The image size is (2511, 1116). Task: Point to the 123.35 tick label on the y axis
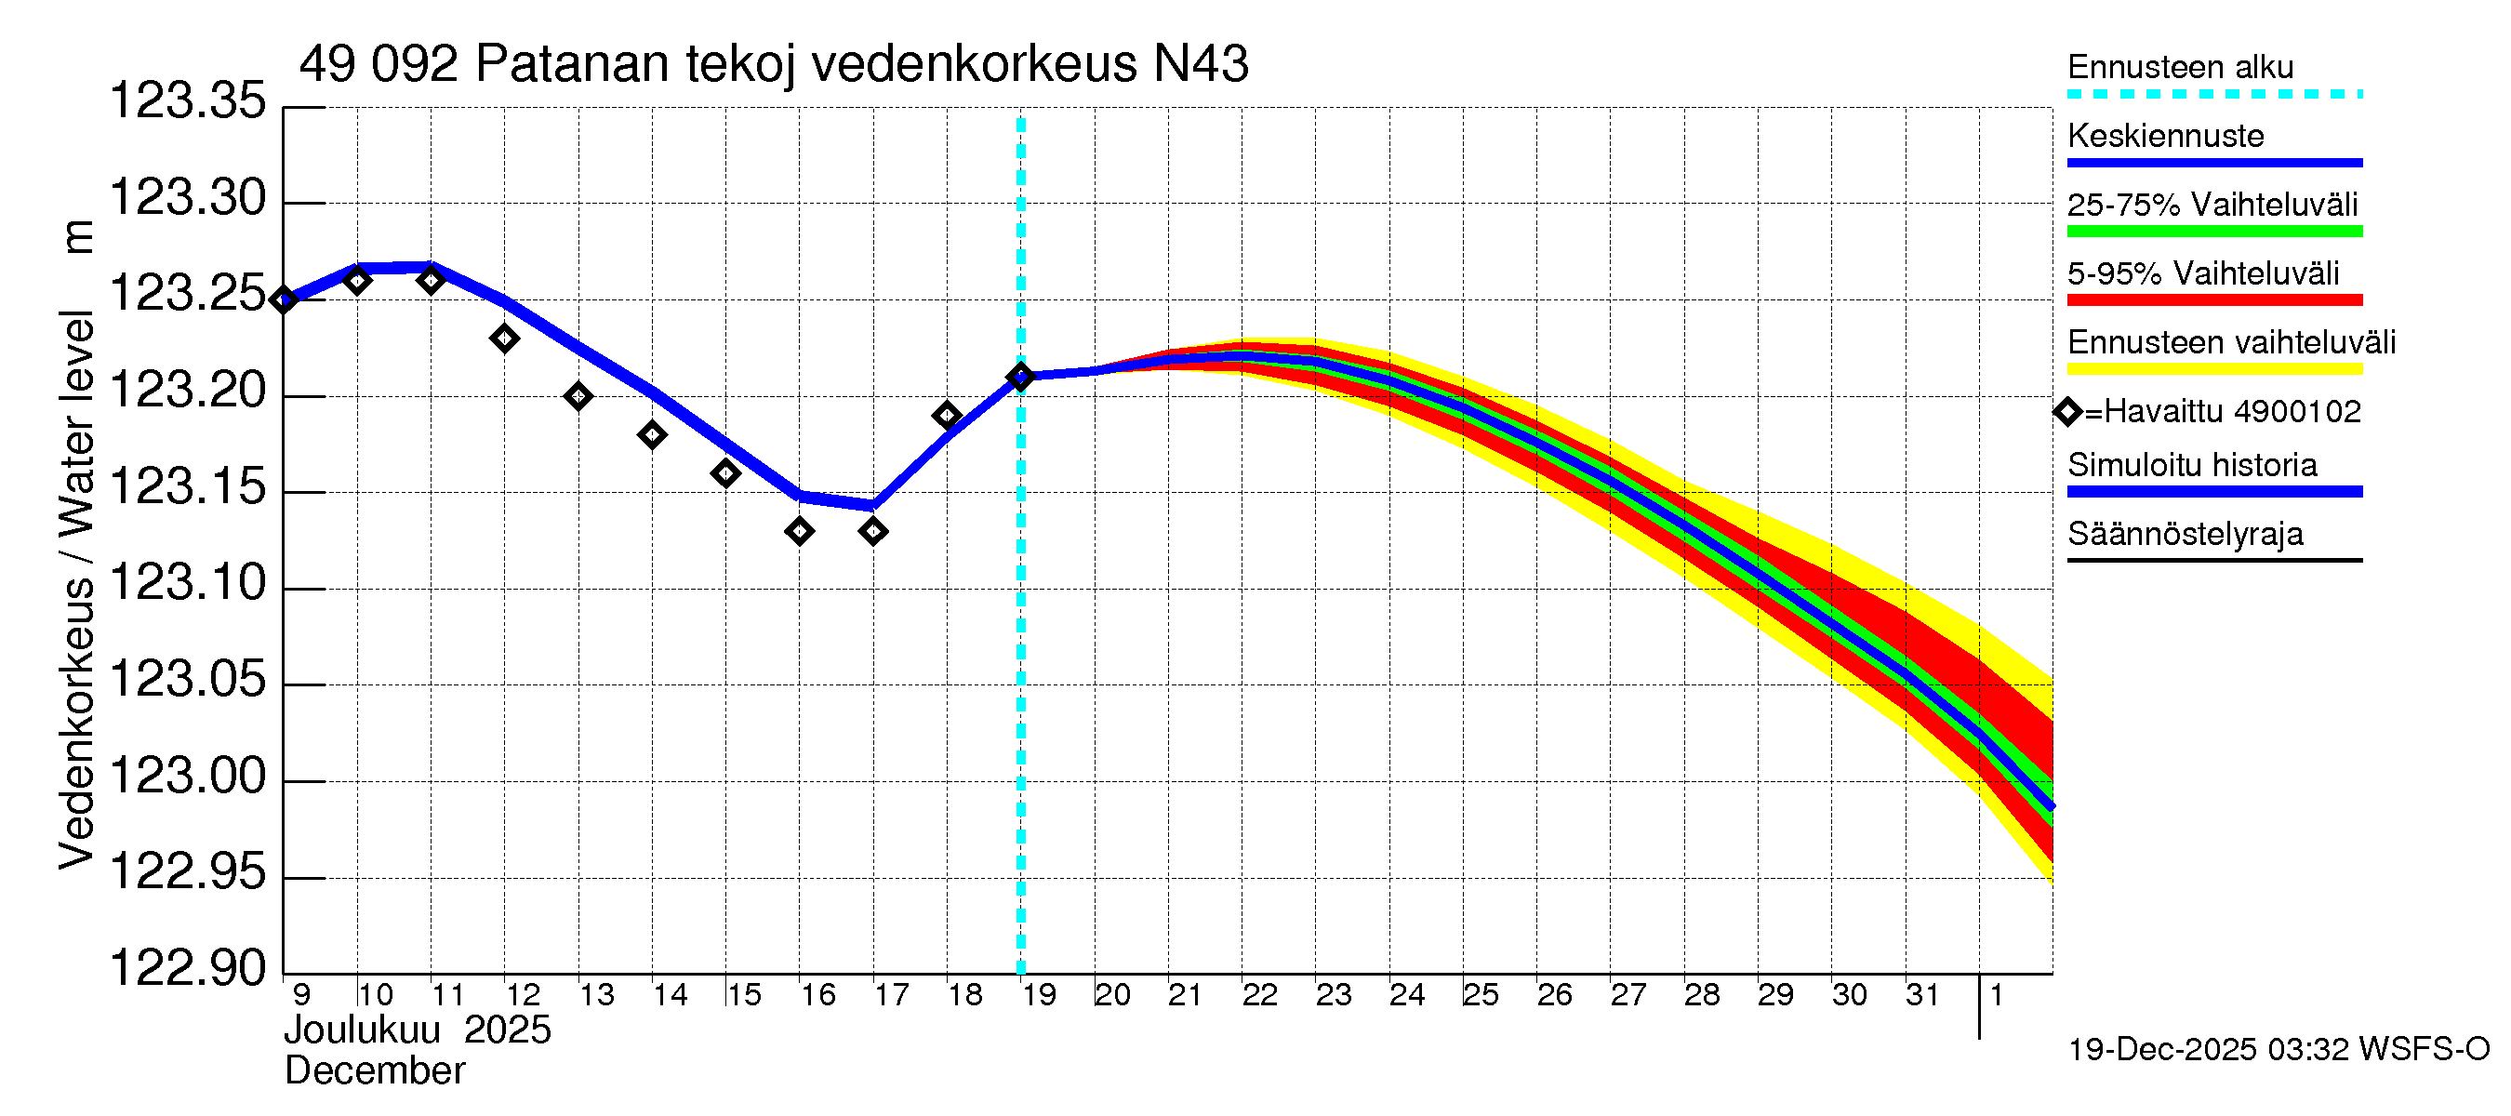pos(187,101)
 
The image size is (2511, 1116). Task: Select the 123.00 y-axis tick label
pos(187,777)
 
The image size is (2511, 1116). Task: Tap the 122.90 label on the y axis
pos(187,968)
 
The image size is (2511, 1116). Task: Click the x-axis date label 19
pos(1039,995)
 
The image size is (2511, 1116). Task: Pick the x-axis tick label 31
pos(1922,995)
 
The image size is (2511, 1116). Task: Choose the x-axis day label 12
pos(523,995)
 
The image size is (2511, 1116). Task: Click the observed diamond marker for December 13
pos(578,397)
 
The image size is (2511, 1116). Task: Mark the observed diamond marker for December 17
pos(873,531)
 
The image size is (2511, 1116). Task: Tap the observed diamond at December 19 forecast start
pos(1020,378)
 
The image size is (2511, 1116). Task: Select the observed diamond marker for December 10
pos(358,281)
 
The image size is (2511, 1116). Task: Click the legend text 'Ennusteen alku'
pos(2180,67)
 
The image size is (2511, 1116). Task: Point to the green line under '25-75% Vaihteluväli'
pos(2213,232)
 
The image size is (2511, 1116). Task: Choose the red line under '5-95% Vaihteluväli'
pos(2213,300)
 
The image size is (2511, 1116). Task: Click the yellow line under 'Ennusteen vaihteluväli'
pos(2213,369)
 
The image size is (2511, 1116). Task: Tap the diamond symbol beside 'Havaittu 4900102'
pos(2067,412)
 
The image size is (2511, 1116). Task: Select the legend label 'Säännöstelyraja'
pos(2185,534)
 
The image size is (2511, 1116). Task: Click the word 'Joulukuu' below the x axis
pos(362,1030)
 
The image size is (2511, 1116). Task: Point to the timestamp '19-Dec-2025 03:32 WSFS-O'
pos(2278,1050)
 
